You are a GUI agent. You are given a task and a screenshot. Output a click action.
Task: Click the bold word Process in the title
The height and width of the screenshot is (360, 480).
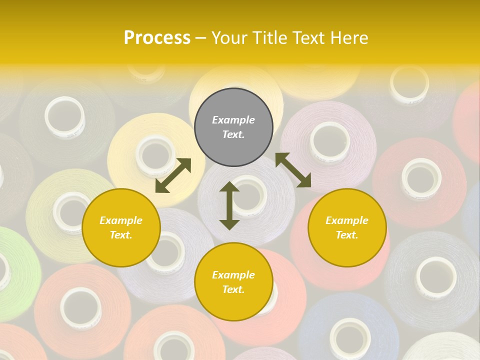157,37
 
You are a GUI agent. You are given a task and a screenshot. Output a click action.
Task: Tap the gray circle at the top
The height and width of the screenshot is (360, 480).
233,127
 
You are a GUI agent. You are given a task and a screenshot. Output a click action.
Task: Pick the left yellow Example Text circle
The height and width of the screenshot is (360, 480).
121,227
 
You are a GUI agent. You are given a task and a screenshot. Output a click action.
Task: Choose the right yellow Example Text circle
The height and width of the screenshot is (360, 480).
347,227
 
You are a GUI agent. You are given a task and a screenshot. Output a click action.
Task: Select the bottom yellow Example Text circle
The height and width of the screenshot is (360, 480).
233,282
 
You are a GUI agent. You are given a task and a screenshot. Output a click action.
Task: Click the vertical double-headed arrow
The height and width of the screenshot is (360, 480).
229,205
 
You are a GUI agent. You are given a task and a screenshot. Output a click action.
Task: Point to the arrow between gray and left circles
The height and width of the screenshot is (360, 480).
173,175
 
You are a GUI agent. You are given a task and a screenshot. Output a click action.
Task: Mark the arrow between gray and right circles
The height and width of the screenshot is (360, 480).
293,170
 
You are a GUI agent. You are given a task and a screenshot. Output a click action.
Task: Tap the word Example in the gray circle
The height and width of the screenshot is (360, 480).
233,120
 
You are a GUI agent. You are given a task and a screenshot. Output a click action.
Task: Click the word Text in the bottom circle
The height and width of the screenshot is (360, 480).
233,289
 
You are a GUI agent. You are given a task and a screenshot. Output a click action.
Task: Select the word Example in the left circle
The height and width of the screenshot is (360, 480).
121,220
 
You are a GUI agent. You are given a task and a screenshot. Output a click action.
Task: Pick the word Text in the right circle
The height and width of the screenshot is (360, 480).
347,235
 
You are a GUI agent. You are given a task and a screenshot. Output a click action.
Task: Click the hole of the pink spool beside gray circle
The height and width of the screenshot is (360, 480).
329,140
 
